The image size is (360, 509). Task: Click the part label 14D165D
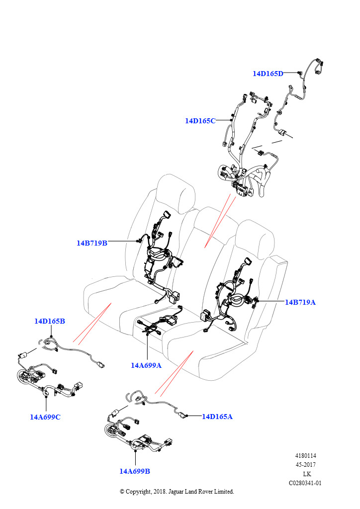268,74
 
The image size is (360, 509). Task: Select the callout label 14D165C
200,121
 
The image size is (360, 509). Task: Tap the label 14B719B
92,243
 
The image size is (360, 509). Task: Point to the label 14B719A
300,302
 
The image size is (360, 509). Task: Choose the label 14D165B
50,321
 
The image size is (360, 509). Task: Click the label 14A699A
146,365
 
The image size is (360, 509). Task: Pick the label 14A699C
45,417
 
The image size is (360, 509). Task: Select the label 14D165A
217,417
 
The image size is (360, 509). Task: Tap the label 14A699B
134,471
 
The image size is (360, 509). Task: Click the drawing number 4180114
306,456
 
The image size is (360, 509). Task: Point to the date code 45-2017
306,465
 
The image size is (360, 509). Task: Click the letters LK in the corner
307,474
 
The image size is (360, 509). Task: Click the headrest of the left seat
174,191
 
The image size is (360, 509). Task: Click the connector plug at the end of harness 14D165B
101,364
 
